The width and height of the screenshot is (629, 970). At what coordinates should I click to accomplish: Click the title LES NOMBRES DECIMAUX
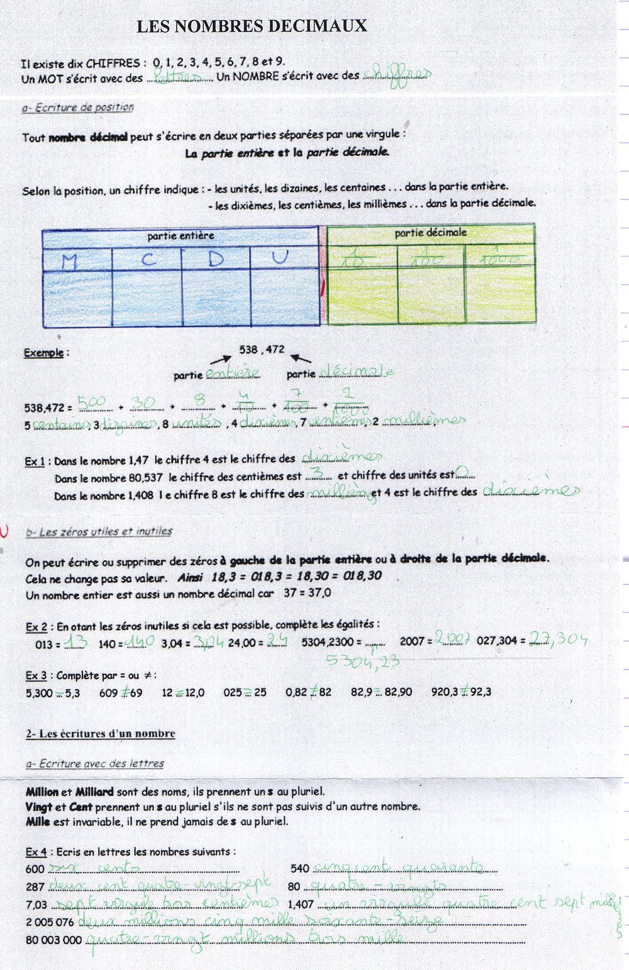click(252, 26)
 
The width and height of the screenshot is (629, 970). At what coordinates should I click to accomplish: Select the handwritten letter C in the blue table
click(148, 260)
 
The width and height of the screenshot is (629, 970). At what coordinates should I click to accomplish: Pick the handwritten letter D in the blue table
click(216, 259)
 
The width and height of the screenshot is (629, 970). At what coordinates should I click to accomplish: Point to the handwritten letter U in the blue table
click(281, 257)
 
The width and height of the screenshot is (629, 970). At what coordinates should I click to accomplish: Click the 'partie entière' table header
click(181, 236)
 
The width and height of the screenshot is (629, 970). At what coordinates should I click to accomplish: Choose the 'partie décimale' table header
click(430, 233)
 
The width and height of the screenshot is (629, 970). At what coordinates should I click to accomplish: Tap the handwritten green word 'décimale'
click(356, 372)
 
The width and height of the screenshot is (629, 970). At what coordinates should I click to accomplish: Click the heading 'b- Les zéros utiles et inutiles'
click(99, 532)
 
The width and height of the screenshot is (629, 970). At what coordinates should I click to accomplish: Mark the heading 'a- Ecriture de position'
click(77, 107)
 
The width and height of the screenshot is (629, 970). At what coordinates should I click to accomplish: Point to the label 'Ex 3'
click(36, 676)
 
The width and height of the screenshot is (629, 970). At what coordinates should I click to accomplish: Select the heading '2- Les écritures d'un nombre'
click(101, 734)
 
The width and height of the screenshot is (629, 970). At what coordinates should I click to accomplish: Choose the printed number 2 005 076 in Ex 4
click(50, 922)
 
